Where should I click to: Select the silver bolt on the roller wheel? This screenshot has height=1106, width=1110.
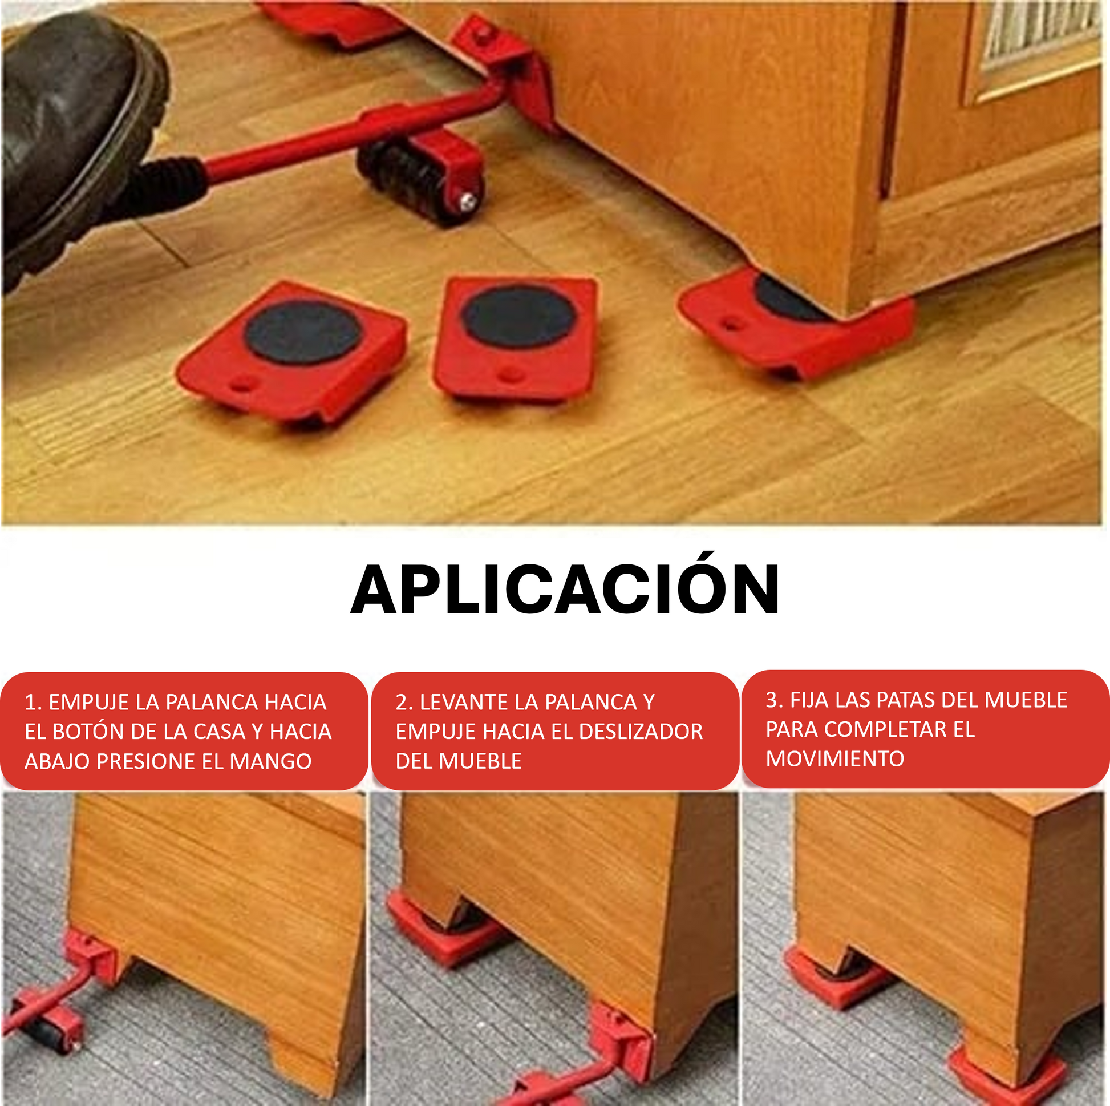click(468, 201)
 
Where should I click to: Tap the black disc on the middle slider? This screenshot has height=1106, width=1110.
click(519, 316)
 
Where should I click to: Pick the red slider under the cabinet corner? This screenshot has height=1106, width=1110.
click(796, 322)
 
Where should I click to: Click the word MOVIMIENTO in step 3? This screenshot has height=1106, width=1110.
click(835, 760)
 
